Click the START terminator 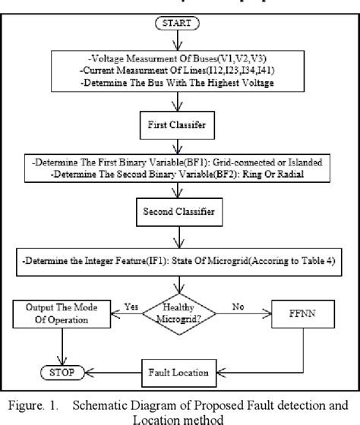178,24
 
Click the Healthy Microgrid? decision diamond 179,310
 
